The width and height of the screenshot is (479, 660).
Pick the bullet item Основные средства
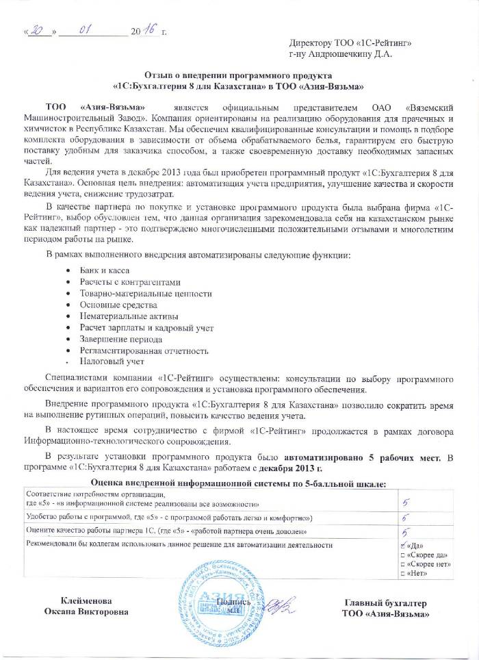[x=114, y=304]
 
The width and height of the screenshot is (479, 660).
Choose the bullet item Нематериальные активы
[x=124, y=316]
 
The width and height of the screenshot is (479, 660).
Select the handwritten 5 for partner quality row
[x=406, y=531]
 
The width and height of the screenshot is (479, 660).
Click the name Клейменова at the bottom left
[x=86, y=600]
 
